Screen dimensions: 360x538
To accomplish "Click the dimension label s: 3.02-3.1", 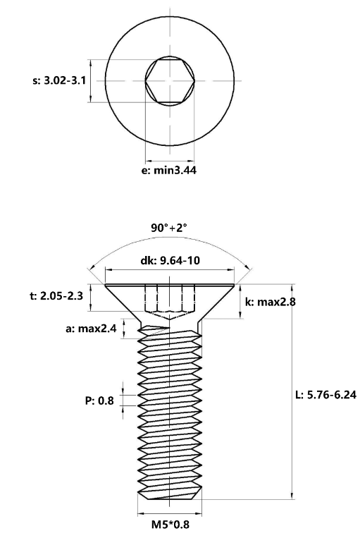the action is pyautogui.click(x=59, y=81).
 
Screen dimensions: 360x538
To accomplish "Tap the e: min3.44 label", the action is pyautogui.click(x=169, y=171).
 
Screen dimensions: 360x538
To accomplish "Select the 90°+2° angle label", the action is pyautogui.click(x=169, y=228).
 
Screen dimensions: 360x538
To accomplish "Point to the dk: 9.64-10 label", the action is pyautogui.click(x=170, y=260).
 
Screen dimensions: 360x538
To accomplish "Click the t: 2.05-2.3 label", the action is pyautogui.click(x=56, y=295).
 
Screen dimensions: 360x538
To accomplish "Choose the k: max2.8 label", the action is pyautogui.click(x=271, y=302).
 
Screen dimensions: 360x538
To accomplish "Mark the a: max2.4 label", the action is pyautogui.click(x=91, y=329).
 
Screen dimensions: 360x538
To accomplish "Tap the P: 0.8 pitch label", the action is pyautogui.click(x=99, y=401).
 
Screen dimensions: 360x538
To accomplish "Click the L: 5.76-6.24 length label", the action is pyautogui.click(x=325, y=395).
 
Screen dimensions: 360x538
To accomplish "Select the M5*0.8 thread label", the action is pyautogui.click(x=170, y=525).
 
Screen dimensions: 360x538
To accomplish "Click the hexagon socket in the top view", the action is pyautogui.click(x=170, y=81).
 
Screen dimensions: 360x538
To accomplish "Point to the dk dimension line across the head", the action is pyautogui.click(x=170, y=270).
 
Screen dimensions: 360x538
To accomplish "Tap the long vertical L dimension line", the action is pyautogui.click(x=292, y=391).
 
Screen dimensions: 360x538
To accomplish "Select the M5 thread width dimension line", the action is pyautogui.click(x=170, y=514).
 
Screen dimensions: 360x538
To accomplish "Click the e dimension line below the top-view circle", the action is pyautogui.click(x=170, y=161).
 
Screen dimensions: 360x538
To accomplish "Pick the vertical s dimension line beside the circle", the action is pyautogui.click(x=90, y=81).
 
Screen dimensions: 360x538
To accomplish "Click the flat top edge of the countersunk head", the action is pyautogui.click(x=170, y=284).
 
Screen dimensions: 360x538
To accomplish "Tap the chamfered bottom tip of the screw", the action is pyautogui.click(x=170, y=496).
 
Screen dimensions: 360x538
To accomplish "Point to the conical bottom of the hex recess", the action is pyautogui.click(x=170, y=315).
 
